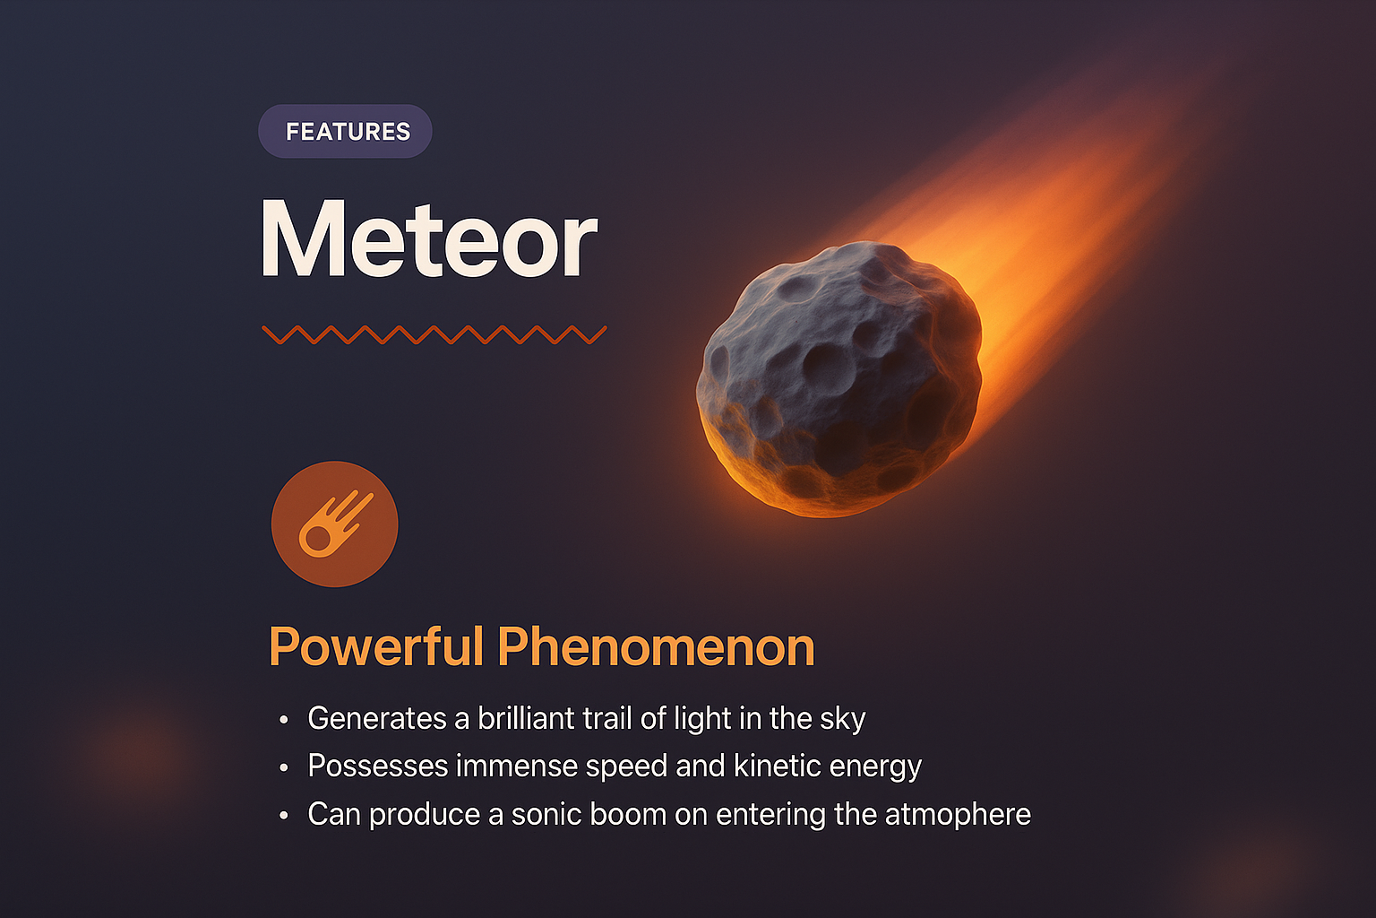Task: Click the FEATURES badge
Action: (346, 132)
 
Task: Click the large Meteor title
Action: (429, 240)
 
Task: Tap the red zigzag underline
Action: (434, 334)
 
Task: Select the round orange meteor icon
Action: (334, 524)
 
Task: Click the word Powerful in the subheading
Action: (376, 646)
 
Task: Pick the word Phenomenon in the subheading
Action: (656, 646)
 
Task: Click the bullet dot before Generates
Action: (284, 720)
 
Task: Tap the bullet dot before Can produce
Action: (284, 816)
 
